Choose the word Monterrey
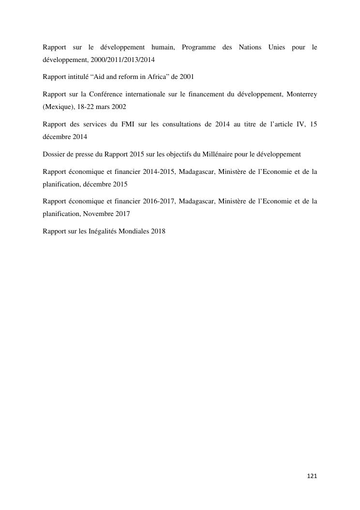301,94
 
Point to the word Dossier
54,154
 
